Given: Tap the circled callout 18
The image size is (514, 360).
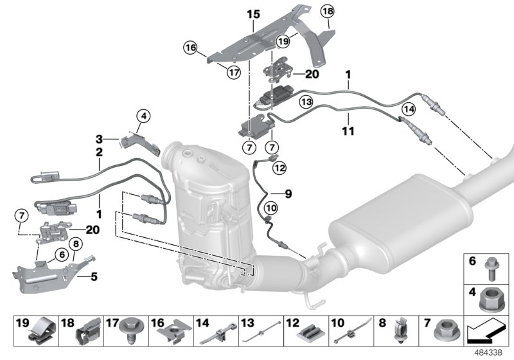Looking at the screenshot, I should [328, 12].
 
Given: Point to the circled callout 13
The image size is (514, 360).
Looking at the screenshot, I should [306, 102].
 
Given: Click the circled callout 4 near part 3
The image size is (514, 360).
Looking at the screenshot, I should [144, 116].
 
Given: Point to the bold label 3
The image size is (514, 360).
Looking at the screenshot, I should [100, 138].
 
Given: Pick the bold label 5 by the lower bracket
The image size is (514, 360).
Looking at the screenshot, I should [94, 278].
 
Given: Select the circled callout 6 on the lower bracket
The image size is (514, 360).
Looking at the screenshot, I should [62, 255].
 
